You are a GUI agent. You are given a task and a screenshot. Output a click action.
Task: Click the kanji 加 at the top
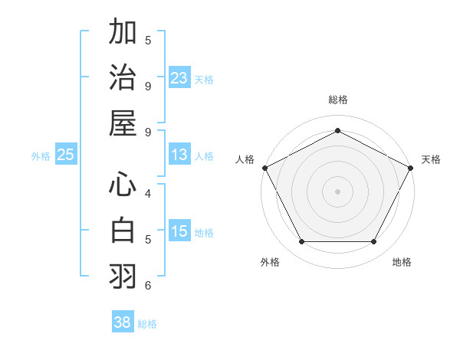[x=123, y=34]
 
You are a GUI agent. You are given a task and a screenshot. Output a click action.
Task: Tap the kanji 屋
[x=123, y=123]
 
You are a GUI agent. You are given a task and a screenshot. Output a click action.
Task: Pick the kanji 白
[x=123, y=231]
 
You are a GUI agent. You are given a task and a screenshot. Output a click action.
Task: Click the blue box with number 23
[x=179, y=78]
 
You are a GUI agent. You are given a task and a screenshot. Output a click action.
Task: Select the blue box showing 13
[x=179, y=155]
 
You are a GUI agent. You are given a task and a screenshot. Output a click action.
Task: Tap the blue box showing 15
[x=179, y=231]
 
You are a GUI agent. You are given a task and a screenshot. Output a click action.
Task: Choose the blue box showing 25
[x=65, y=155]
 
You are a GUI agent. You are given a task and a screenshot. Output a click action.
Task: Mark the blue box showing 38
[x=123, y=322]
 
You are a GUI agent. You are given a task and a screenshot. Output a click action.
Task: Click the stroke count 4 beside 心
[x=148, y=194]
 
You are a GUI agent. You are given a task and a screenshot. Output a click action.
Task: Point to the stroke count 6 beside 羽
[x=148, y=286]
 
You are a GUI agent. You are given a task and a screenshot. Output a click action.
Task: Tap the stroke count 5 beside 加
[x=148, y=40]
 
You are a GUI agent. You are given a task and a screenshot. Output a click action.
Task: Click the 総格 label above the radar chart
[x=337, y=100]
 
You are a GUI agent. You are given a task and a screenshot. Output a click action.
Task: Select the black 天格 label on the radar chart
[x=432, y=159]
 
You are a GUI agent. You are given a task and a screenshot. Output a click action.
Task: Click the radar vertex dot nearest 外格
[x=301, y=242]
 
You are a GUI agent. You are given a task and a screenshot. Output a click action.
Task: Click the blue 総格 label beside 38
[x=147, y=324]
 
